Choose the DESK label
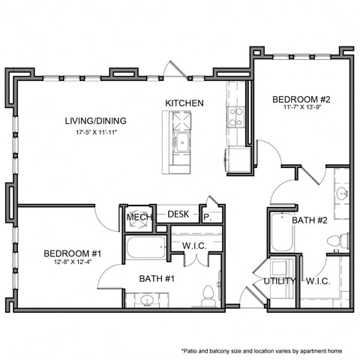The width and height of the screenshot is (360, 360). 178,214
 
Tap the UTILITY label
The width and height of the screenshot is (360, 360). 279,282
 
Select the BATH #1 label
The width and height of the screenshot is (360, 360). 157,279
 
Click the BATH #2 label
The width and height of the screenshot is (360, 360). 308,220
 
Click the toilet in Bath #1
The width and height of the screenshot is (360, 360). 208,297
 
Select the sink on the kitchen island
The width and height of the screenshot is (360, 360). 180,142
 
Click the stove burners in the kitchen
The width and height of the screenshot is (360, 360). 235,115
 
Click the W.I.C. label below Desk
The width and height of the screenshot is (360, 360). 195,244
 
